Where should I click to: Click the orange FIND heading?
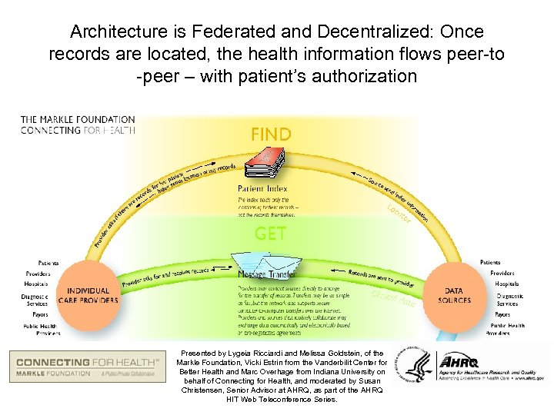[x=271, y=134]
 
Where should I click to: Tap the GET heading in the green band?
[x=270, y=233]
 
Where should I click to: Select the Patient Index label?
[x=262, y=188]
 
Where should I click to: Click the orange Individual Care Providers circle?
[x=88, y=295]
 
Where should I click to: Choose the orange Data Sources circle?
[x=453, y=295]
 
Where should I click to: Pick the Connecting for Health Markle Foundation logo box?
[x=88, y=366]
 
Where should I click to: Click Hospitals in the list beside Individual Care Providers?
[x=35, y=284]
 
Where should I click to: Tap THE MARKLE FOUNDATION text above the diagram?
[x=77, y=119]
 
